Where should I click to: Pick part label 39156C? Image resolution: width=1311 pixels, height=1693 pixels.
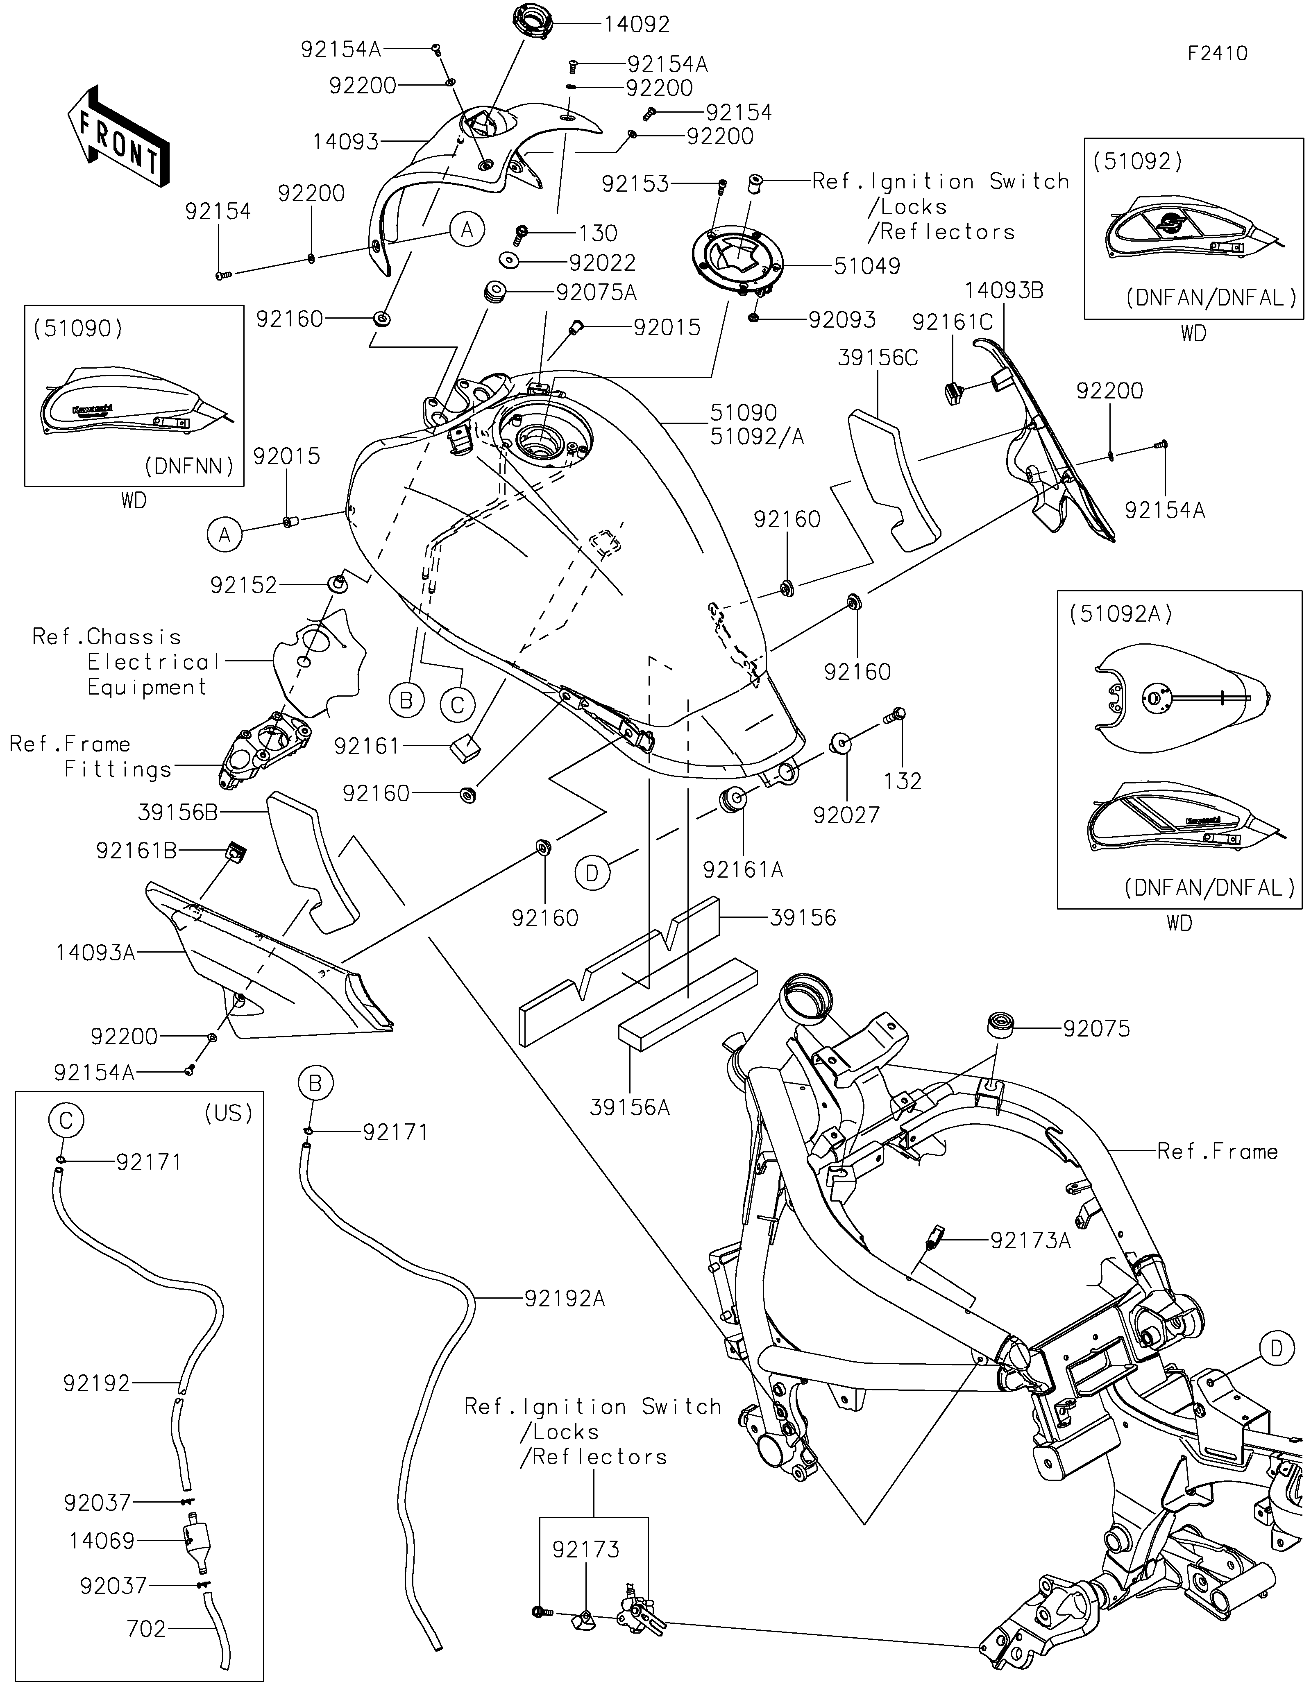(878, 358)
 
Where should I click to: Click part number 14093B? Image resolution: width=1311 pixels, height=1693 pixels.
(1004, 291)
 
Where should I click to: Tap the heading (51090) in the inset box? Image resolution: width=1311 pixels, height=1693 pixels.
(77, 329)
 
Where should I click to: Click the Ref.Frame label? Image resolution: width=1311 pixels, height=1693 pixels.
(1217, 1151)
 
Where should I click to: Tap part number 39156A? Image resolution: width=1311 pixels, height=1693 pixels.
(630, 1108)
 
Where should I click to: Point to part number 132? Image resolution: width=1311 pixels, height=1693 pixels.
(903, 781)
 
